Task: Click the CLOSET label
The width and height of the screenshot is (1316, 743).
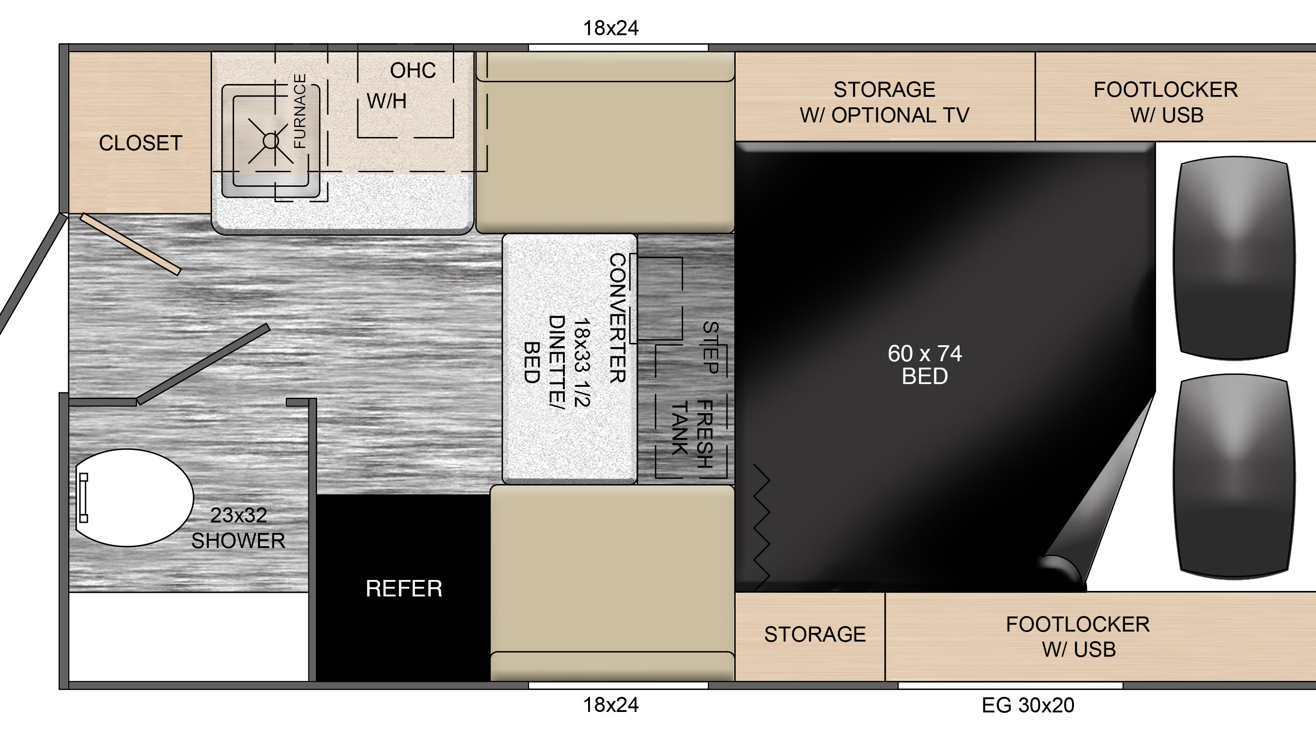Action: click(140, 143)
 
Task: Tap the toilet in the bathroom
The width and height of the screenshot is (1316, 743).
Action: click(134, 498)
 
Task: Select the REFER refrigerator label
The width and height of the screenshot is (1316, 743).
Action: click(403, 589)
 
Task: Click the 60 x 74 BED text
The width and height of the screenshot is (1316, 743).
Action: click(925, 364)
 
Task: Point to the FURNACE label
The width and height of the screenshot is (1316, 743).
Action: click(300, 111)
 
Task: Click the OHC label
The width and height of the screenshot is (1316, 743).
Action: click(413, 70)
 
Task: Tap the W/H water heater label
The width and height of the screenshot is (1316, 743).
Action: click(387, 101)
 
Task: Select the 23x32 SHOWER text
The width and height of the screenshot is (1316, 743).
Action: click(238, 528)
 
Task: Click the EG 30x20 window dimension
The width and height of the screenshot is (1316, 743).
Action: click(1028, 705)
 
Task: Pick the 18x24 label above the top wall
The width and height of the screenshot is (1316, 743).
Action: click(611, 28)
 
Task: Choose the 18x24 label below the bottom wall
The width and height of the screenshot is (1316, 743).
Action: click(611, 705)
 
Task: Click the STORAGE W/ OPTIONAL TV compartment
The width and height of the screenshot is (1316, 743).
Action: click(885, 96)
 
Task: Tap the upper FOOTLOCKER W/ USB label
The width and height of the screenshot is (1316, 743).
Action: click(1166, 102)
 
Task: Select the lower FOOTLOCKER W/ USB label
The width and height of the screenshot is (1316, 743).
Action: click(1078, 637)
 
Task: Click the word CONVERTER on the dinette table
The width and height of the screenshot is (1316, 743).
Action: click(618, 318)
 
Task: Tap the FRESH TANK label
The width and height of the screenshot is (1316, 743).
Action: click(692, 434)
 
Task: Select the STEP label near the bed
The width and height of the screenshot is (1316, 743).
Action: click(711, 347)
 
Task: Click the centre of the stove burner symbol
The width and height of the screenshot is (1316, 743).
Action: click(271, 141)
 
